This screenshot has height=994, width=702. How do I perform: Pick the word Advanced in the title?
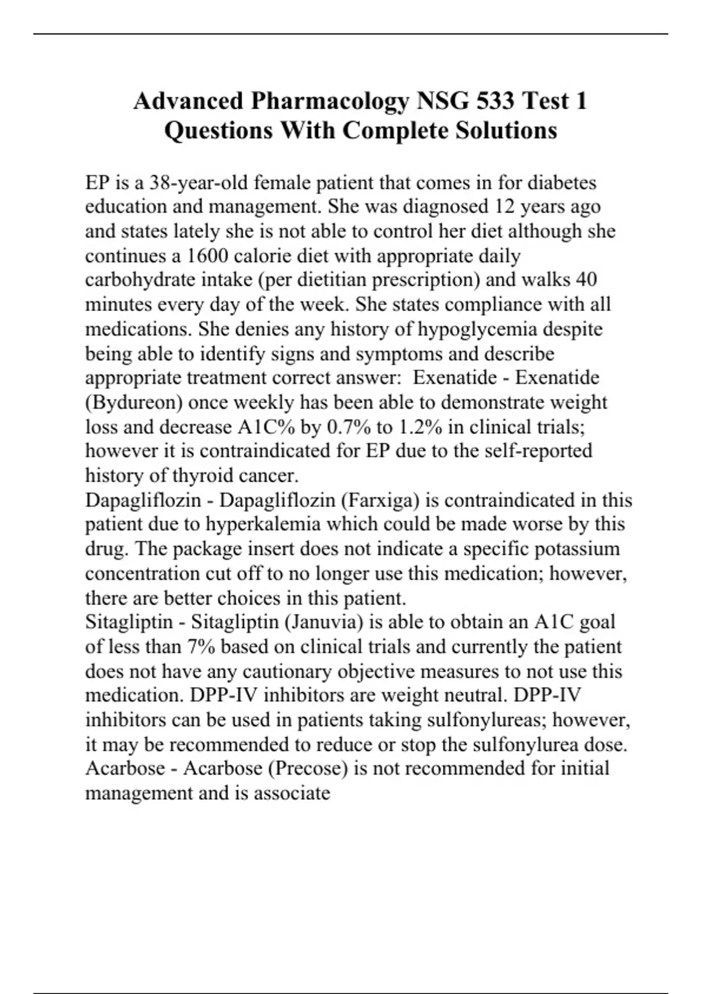(188, 101)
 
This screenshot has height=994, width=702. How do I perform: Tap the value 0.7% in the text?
(346, 427)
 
